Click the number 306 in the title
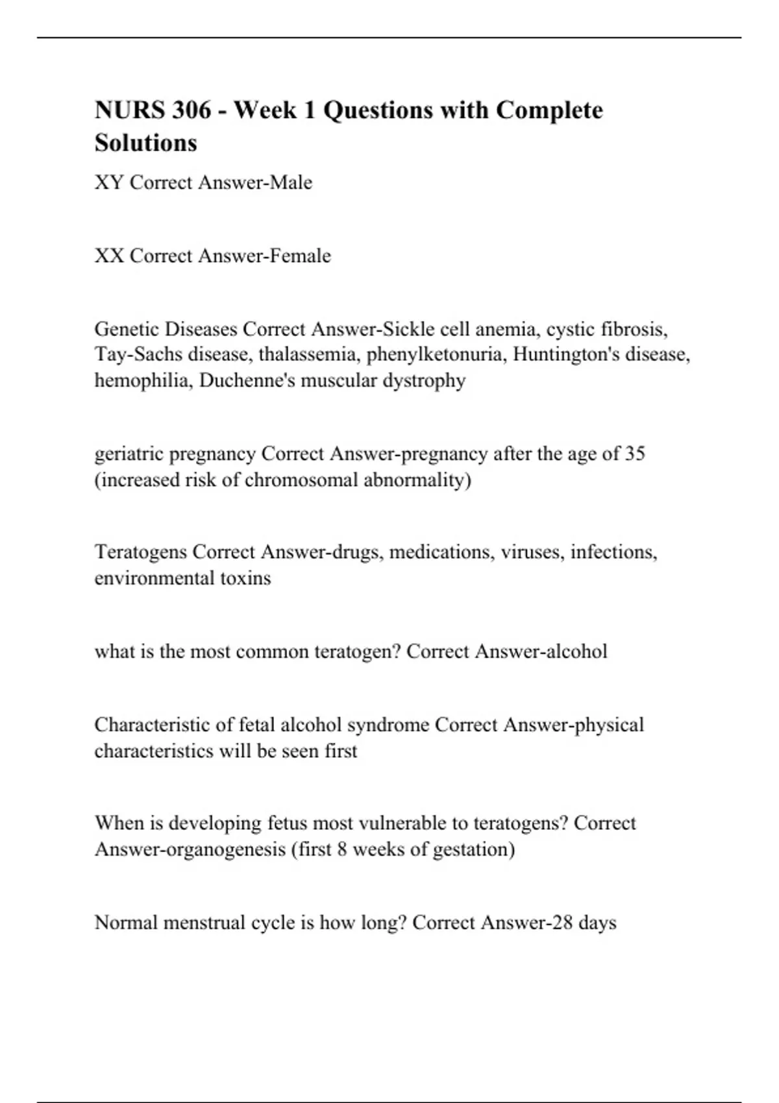click(192, 110)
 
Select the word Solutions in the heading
click(146, 143)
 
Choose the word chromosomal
click(301, 480)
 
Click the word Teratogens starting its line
click(141, 552)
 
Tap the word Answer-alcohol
click(541, 651)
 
